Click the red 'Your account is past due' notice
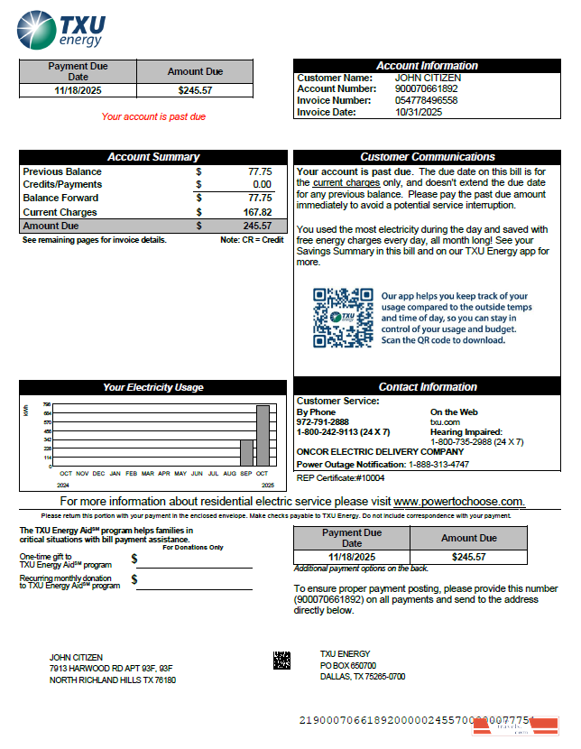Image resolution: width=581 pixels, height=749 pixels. tap(153, 116)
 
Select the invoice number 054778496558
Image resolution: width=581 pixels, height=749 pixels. tap(426, 100)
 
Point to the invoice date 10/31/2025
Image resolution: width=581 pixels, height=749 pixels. tap(419, 112)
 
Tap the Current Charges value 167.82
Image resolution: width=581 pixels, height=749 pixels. tap(259, 212)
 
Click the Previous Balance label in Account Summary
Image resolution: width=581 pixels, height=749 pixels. tap(62, 171)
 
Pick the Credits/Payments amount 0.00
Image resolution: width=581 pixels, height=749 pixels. tap(262, 184)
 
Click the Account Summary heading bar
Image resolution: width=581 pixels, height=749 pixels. tap(153, 157)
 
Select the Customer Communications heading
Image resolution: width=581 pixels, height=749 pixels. tap(428, 157)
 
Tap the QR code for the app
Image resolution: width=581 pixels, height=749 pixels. tap(343, 318)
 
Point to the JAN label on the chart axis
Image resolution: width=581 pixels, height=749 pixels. tap(115, 473)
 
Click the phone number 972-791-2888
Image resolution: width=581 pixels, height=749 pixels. tap(323, 421)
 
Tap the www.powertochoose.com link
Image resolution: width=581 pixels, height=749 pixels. tap(459, 501)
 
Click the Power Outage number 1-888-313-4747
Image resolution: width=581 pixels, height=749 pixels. tap(438, 464)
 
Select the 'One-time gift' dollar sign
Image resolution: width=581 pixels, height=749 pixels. tap(134, 560)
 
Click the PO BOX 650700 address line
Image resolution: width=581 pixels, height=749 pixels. tap(348, 665)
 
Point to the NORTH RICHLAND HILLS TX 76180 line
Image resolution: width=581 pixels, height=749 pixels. tap(113, 680)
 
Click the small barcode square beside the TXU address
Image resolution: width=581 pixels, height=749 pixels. tap(282, 661)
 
